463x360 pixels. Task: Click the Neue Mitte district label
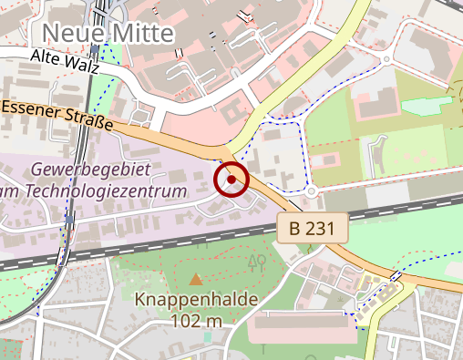(108, 34)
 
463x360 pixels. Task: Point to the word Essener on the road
(30, 109)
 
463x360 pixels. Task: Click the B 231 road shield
(313, 228)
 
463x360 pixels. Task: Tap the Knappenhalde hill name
(196, 300)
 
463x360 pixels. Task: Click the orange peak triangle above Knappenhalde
(196, 278)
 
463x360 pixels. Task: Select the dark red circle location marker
(231, 180)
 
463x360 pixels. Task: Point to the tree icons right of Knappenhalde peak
(257, 262)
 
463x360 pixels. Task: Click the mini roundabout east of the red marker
(312, 192)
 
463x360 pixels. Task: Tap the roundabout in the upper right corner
(386, 59)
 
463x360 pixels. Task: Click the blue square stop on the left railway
(69, 220)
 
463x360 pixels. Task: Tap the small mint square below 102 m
(208, 336)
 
